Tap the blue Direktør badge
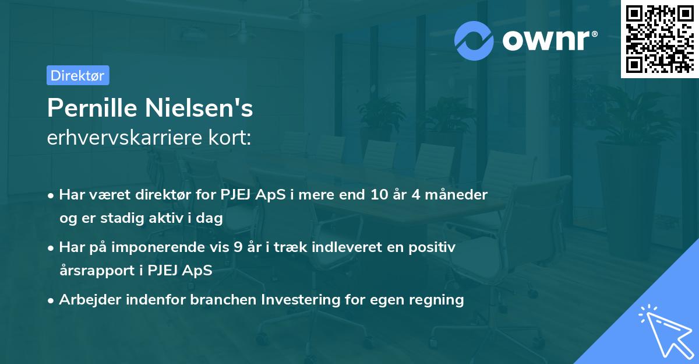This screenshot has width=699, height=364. (77, 75)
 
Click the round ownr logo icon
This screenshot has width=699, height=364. (474, 40)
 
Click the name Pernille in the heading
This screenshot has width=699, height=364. (91, 108)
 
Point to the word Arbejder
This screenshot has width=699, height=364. (85, 300)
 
